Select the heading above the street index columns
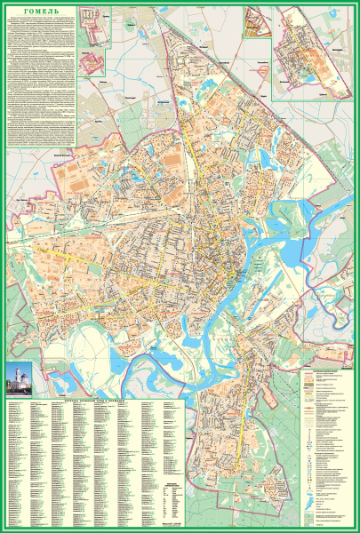94,402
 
